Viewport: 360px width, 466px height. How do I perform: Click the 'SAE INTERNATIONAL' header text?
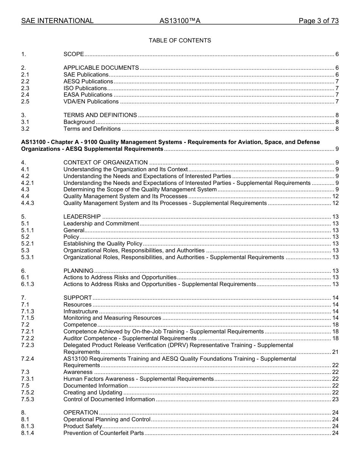tap(57, 21)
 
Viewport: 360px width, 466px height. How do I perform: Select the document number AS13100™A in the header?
tap(180, 21)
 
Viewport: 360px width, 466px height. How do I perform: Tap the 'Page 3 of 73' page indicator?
tap(318, 21)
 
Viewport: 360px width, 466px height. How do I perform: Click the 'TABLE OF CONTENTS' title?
tap(180, 41)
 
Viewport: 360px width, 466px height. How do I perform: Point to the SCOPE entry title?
tap(74, 55)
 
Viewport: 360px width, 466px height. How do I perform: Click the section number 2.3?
tap(25, 88)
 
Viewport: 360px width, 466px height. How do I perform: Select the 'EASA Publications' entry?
tap(88, 95)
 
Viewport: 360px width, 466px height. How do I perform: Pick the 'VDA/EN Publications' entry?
tap(91, 102)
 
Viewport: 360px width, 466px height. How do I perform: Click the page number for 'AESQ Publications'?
tap(337, 81)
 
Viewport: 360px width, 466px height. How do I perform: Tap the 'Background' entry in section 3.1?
tap(79, 122)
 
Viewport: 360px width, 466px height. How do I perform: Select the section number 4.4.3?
tap(28, 203)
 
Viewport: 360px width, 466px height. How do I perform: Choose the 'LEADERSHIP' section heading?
tap(82, 217)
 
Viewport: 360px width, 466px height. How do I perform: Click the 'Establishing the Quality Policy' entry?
tap(103, 244)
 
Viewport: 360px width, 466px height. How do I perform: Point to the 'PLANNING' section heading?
tap(78, 271)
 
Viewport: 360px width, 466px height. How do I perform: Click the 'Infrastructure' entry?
tap(81, 311)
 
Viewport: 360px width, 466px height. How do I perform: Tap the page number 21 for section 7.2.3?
tap(335, 352)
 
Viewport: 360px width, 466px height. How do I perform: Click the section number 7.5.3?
tap(28, 399)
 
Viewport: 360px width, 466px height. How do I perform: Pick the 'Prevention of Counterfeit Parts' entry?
tap(103, 433)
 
